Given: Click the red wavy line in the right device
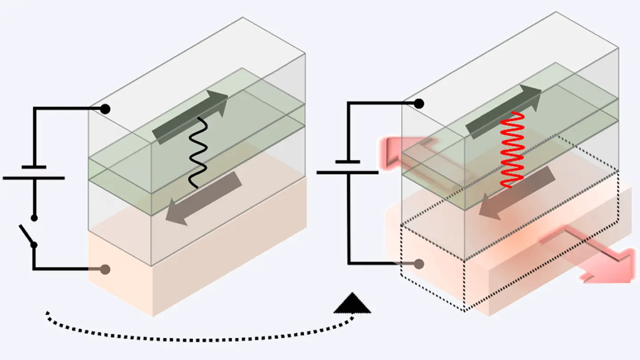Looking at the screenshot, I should (x=511, y=149).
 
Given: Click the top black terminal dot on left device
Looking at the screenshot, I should (x=105, y=108).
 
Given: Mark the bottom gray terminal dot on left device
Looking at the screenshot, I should (x=105, y=269).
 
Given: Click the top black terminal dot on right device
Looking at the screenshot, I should (x=419, y=104).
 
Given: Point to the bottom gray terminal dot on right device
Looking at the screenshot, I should (x=419, y=264).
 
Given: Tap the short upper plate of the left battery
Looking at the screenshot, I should (x=34, y=167).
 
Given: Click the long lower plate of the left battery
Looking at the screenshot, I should (x=34, y=178).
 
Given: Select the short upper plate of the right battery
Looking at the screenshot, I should (x=348, y=161).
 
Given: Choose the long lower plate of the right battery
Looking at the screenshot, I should (x=348, y=172).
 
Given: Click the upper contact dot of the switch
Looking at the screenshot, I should (x=34, y=218).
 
